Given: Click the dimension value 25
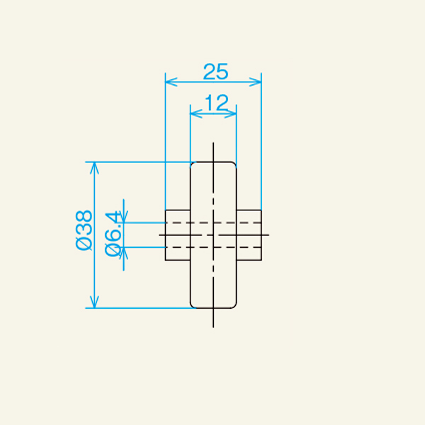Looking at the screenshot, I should click(214, 72).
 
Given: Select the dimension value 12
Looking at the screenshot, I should click(214, 103).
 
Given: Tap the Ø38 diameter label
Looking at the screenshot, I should click(83, 230).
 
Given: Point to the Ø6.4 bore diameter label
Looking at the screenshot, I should click(113, 233).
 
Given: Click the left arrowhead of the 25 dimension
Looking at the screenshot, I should click(169, 82).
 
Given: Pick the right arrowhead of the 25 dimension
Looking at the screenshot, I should click(257, 82).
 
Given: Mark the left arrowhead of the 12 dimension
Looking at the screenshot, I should click(195, 113).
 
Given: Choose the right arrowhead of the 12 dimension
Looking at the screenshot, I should click(232, 113).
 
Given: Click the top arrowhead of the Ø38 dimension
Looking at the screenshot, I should click(94, 166).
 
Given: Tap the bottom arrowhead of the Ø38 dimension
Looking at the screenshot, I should click(94, 304).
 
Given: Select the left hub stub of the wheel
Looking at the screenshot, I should click(178, 235).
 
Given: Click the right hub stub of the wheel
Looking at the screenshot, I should click(249, 235).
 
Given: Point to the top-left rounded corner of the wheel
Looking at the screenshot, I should click(193, 165).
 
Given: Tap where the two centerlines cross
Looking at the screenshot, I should click(213, 234).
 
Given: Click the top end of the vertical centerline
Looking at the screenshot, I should click(213, 144).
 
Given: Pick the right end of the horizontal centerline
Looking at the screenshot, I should click(268, 234).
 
